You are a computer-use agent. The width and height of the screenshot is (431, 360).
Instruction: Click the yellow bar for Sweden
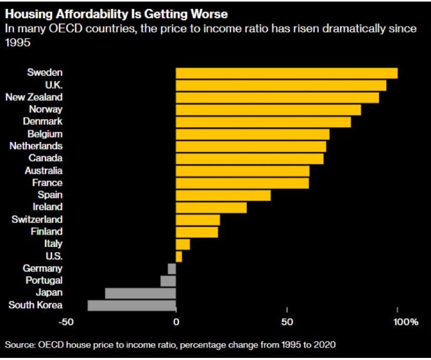[286, 73]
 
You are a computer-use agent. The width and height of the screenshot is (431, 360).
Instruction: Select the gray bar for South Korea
[132, 305]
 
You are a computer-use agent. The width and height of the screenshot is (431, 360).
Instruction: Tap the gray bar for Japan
[141, 293]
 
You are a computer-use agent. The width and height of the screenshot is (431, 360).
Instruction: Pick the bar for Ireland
[211, 207]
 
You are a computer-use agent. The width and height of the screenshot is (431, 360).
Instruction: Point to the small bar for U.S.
[179, 256]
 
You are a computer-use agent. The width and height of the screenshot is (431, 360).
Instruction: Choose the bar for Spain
[223, 195]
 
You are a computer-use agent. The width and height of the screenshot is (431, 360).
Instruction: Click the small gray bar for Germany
[172, 269]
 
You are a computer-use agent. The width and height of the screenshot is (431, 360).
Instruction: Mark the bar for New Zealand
[277, 97]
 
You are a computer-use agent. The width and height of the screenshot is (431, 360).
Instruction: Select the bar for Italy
[183, 244]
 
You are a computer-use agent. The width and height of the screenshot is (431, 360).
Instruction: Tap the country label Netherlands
[36, 146]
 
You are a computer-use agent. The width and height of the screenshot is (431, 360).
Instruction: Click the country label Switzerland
[37, 219]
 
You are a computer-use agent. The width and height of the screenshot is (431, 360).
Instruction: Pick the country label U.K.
[54, 85]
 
